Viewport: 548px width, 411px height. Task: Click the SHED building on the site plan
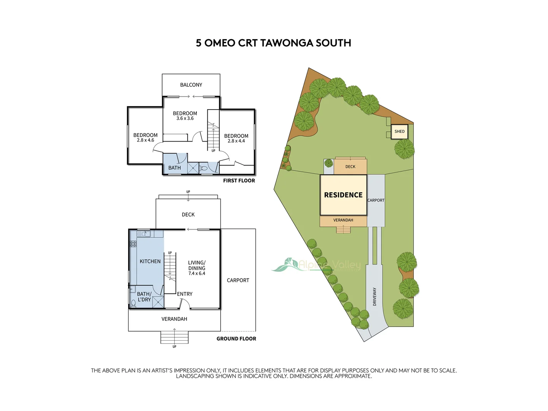tap(399, 132)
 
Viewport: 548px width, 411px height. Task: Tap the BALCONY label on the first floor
tap(191, 85)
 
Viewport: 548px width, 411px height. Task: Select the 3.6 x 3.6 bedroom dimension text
tap(185, 118)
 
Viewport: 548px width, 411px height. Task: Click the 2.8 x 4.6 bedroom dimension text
tap(145, 140)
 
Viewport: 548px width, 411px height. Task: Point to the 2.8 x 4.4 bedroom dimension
tap(236, 141)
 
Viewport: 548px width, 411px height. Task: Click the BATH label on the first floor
tap(174, 168)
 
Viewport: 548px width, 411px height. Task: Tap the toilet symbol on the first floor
tap(204, 168)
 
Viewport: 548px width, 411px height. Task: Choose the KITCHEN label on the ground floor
tap(150, 261)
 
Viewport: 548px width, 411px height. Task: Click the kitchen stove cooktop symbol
tap(133, 244)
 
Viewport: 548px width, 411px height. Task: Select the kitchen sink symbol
tap(144, 233)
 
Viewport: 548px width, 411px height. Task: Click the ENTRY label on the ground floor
tap(185, 294)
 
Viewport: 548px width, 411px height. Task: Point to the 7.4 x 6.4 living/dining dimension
tap(196, 273)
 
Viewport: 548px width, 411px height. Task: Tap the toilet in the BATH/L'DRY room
tap(133, 303)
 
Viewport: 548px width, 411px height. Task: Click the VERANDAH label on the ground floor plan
tap(174, 319)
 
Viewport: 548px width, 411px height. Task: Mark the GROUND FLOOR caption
tap(236, 339)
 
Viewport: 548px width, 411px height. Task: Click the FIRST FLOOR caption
tap(239, 181)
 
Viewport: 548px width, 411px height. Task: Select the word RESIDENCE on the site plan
tap(343, 195)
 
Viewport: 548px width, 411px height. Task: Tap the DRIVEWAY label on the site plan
tap(374, 296)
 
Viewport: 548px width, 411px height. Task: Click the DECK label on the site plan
tap(350, 167)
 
